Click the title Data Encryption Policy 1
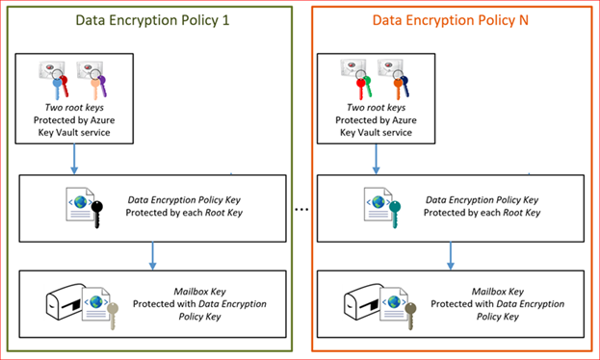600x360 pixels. tap(152, 20)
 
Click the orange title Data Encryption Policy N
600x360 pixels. tap(451, 20)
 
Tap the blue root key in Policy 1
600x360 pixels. tap(57, 89)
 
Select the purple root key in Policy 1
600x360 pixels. tap(102, 86)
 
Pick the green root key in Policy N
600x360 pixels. tap(368, 86)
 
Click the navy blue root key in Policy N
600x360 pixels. tap(405, 87)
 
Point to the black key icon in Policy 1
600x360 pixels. tap(97, 215)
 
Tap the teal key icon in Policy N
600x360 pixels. tap(395, 215)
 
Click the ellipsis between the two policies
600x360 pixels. tap(301, 210)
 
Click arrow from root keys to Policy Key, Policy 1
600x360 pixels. tap(74, 159)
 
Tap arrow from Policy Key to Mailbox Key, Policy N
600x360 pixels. tap(451, 256)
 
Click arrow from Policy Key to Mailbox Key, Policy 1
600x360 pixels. tap(153, 256)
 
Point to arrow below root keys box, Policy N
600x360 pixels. tap(377, 159)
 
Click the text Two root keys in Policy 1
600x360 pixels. tap(74, 108)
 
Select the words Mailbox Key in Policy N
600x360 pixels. tap(498, 292)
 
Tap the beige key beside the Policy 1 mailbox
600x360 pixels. tap(113, 316)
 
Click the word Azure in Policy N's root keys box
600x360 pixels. tap(404, 120)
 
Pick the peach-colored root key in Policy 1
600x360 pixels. tap(94, 89)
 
